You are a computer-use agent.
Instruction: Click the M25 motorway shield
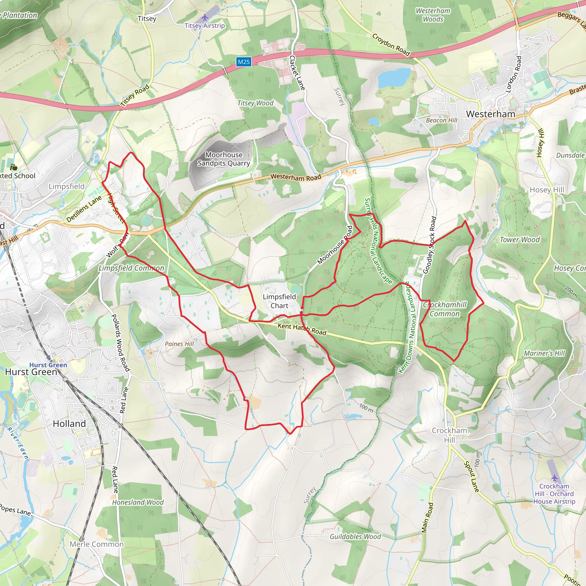(243, 62)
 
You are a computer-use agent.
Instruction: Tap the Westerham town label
(490, 114)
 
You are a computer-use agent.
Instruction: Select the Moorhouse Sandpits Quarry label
(224, 159)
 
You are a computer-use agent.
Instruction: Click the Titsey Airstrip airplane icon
(205, 17)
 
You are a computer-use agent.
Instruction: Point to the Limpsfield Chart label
(279, 301)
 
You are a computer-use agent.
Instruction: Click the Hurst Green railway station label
(48, 365)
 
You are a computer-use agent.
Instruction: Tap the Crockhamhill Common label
(445, 309)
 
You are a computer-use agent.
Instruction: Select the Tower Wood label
(520, 240)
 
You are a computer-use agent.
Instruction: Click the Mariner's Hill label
(545, 353)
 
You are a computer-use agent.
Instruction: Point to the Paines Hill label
(179, 344)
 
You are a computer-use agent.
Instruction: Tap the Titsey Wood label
(256, 103)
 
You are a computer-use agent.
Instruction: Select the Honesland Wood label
(138, 502)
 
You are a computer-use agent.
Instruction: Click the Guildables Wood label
(355, 536)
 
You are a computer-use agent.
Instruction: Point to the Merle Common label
(97, 544)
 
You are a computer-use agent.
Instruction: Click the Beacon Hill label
(441, 120)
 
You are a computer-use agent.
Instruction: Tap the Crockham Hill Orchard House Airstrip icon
(555, 478)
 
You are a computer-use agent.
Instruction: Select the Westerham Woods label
(433, 15)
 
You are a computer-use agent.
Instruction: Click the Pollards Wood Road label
(121, 343)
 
